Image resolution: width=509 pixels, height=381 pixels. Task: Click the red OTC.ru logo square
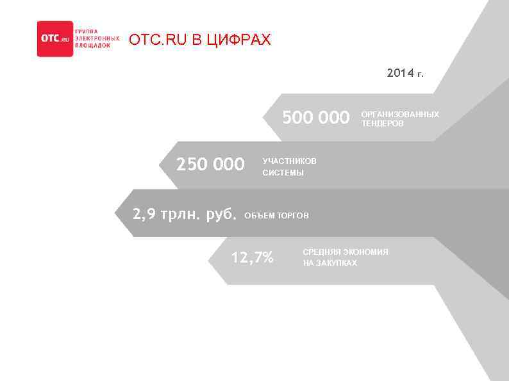pos(54,39)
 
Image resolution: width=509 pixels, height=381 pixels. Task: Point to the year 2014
pos(401,74)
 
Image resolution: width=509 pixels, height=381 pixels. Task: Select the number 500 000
pos(316,118)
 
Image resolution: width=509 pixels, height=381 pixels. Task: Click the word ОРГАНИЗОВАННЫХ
pos(400,114)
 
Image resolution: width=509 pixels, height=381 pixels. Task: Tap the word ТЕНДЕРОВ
pos(383,123)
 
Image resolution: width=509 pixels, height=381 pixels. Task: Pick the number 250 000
pos(210,165)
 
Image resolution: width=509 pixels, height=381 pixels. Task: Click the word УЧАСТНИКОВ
pos(289,161)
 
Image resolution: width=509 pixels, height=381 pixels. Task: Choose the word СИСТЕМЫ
pos(283,173)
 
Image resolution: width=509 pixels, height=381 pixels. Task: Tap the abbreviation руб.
pos(221,214)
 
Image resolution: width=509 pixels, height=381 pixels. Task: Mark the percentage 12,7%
pos(252,258)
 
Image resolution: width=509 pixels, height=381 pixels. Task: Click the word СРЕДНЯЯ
pos(321,252)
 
